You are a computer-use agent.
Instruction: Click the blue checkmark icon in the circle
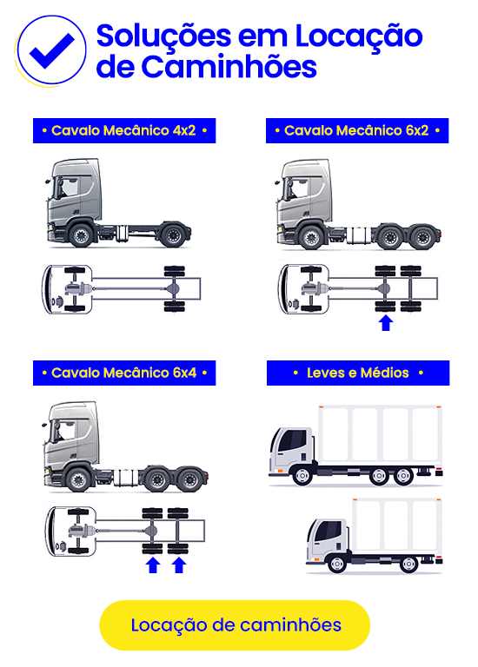[x=51, y=50]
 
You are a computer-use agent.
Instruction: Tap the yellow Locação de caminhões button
[x=235, y=625]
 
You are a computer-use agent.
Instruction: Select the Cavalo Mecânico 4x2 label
[x=124, y=130]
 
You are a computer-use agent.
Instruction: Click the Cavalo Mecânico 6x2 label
[x=357, y=130]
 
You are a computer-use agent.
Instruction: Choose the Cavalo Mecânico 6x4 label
[x=124, y=373]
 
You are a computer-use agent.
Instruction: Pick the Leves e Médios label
[x=358, y=373]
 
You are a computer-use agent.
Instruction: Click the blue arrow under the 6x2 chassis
[x=386, y=323]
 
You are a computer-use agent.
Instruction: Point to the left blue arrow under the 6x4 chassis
[x=153, y=565]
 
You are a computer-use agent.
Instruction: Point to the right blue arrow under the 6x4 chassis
[x=179, y=565]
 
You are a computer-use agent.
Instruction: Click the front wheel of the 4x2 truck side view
[x=81, y=234]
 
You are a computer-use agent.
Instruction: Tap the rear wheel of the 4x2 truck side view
[x=172, y=234]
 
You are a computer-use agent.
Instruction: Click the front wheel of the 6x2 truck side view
[x=312, y=237]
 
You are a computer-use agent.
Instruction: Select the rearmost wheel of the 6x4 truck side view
[x=189, y=479]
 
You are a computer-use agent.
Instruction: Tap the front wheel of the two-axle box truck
[x=336, y=564]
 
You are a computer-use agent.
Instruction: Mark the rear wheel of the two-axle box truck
[x=409, y=564]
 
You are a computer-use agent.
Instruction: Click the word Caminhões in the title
[x=229, y=67]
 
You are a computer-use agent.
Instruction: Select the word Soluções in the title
[x=164, y=36]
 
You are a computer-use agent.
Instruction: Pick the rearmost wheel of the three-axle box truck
[x=403, y=476]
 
